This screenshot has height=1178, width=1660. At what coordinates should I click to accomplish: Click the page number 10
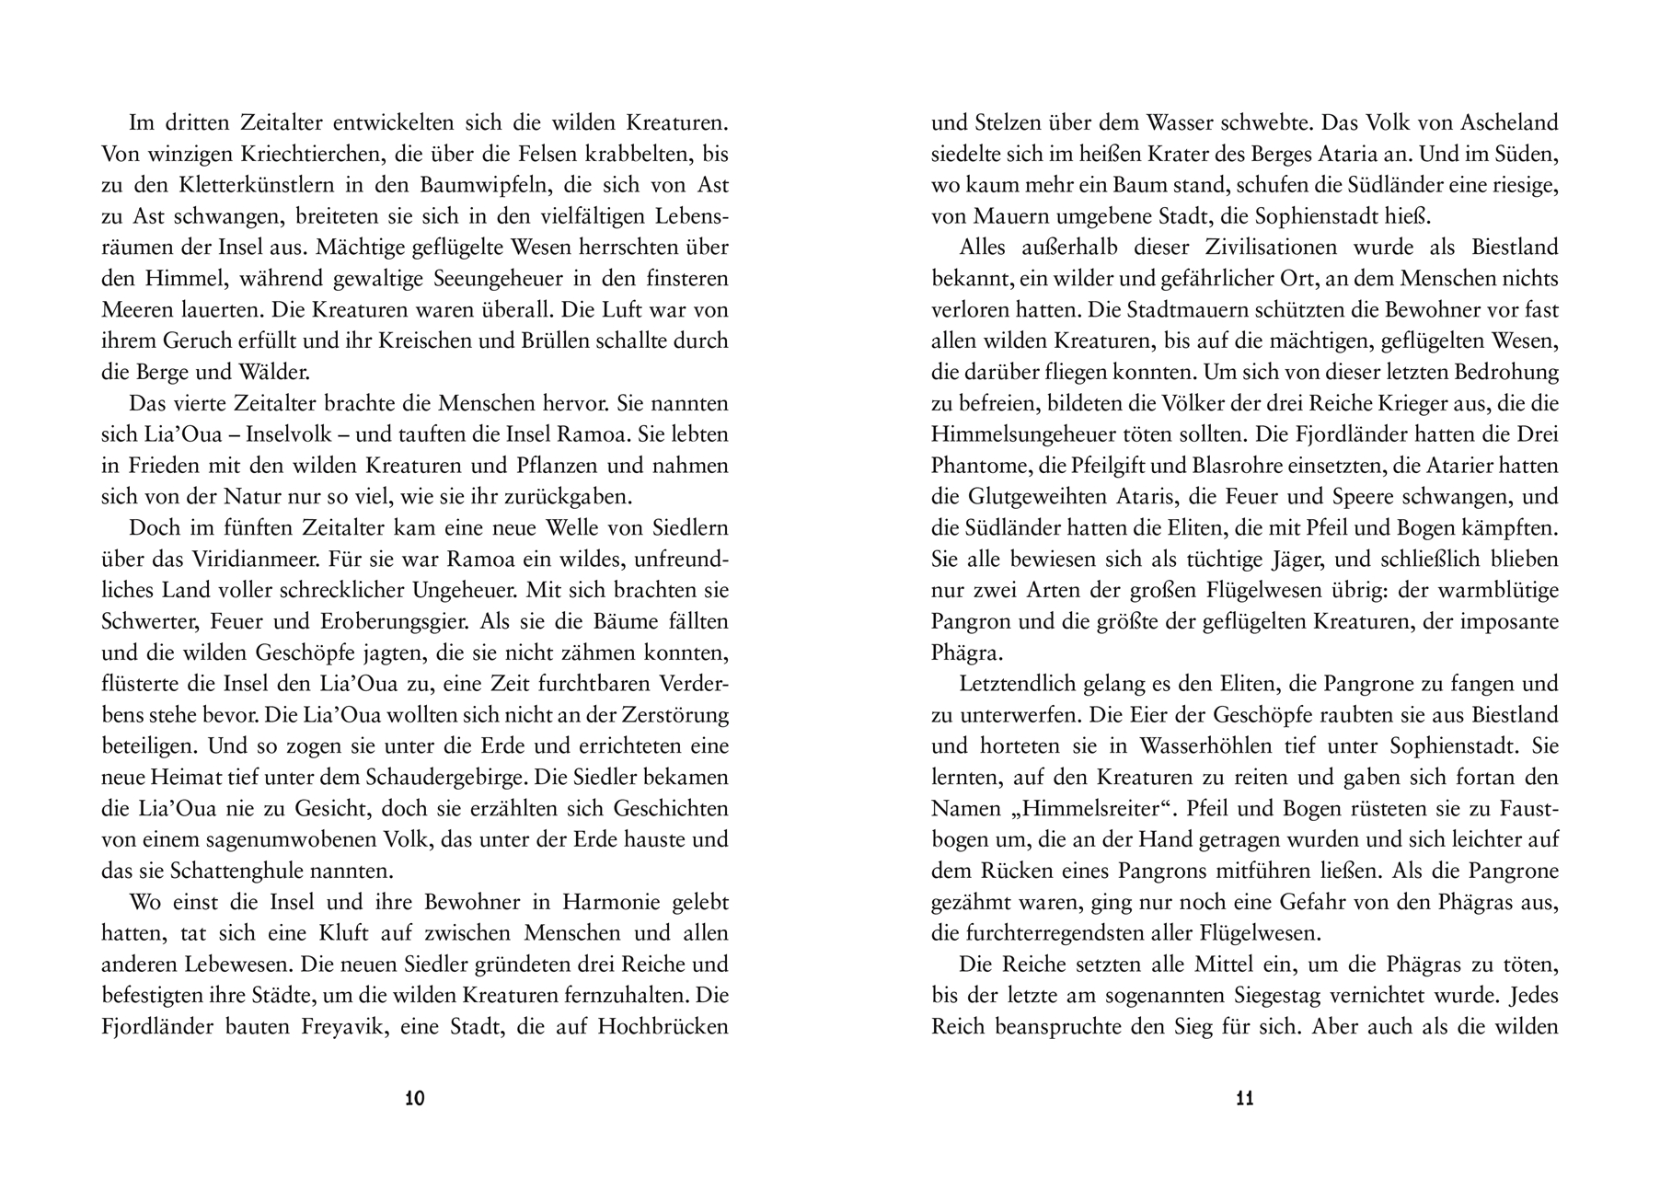[x=415, y=1098]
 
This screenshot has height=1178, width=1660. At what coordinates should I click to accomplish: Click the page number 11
[x=1244, y=1098]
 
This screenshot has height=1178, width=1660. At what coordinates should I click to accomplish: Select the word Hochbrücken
[x=663, y=1027]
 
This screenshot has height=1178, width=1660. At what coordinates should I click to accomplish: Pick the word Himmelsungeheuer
[x=1023, y=433]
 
